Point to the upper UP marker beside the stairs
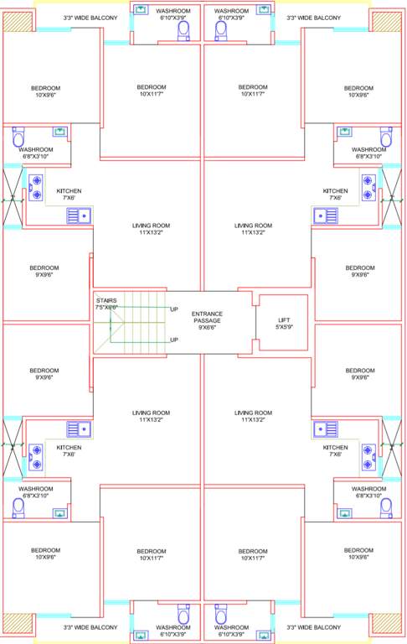pos(174,309)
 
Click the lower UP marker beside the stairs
pos(174,340)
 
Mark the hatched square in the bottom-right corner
pos(387,622)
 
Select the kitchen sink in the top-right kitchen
pos(324,216)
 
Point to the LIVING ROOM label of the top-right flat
pos(253,229)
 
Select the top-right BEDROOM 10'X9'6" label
pos(358,91)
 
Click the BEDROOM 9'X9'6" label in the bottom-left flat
pos(44,374)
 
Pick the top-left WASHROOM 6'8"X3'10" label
pos(36,153)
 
